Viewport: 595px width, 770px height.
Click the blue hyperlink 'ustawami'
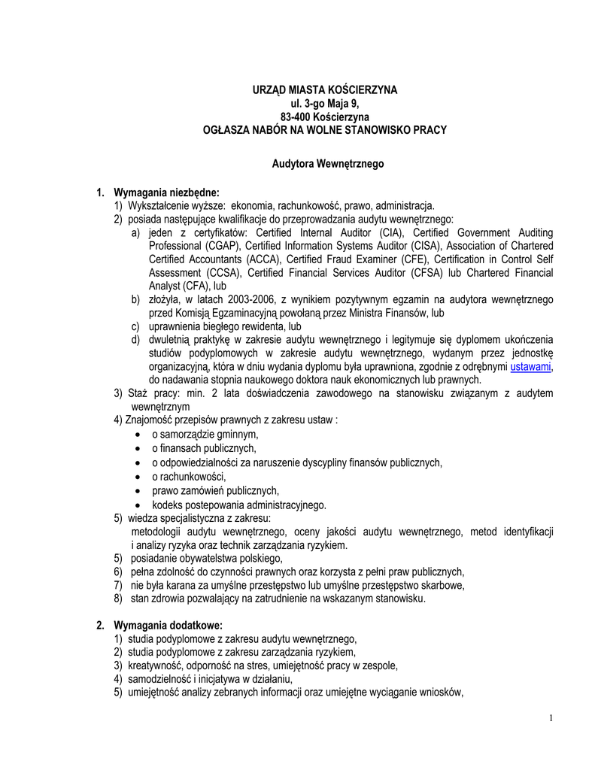click(531, 367)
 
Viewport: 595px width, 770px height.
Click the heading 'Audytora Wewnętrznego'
click(327, 163)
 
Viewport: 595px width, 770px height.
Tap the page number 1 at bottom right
click(551, 718)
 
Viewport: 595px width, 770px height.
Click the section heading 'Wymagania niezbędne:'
click(166, 192)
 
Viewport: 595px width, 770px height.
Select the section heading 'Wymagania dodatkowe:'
click(168, 625)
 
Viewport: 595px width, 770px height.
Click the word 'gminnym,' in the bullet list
click(238, 435)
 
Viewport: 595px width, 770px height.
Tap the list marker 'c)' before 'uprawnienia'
click(135, 327)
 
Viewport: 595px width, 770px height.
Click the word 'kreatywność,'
click(156, 666)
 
